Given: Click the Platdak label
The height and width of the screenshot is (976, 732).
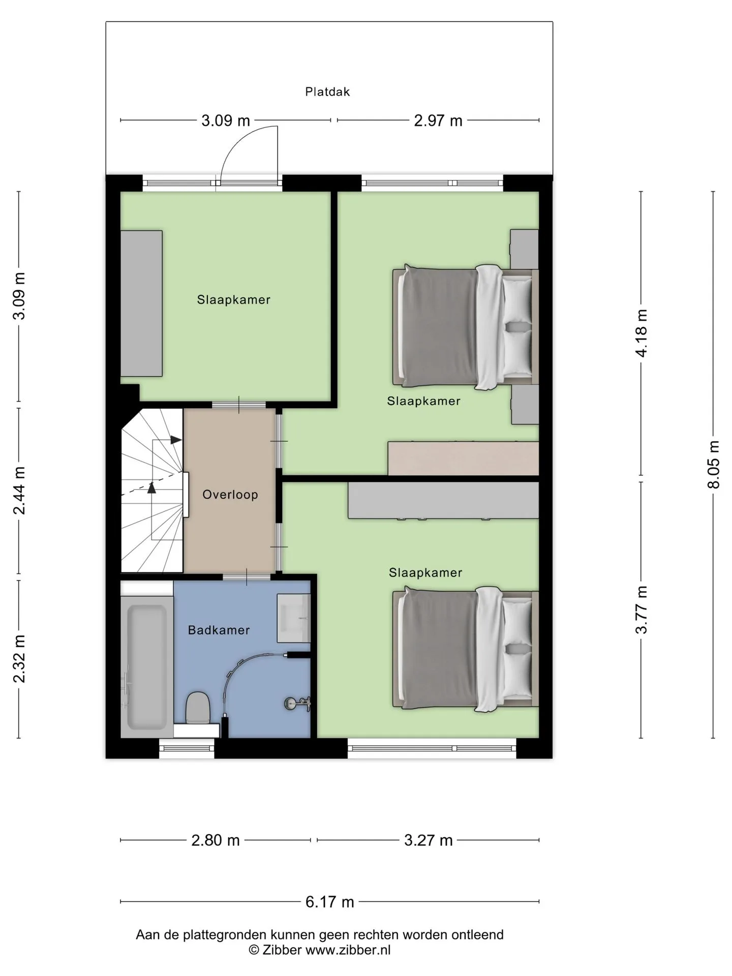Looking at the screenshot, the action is click(327, 92).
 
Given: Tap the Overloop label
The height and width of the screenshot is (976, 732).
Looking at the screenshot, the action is click(230, 495).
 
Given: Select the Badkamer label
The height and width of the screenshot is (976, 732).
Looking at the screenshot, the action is click(219, 630).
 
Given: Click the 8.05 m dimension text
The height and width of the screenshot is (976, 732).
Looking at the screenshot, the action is click(714, 465).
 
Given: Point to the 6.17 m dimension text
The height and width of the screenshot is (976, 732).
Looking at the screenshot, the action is click(329, 902).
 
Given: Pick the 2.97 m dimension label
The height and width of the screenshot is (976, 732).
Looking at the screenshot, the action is click(438, 120).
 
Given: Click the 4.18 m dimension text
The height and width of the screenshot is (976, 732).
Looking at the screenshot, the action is click(642, 333).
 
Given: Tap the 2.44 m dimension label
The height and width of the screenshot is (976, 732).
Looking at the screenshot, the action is click(19, 490).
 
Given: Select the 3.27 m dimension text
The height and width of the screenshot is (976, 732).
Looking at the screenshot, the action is click(428, 840).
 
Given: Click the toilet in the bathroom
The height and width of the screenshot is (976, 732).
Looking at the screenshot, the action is click(198, 708).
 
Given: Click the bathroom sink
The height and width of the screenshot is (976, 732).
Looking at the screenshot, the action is click(293, 618).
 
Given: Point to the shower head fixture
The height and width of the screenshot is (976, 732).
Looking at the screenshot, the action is click(297, 704).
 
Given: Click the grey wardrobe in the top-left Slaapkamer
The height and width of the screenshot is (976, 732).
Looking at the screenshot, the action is click(141, 303).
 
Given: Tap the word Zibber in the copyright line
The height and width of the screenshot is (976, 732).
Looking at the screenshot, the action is click(282, 950).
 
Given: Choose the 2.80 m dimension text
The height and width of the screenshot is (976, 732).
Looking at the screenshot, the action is click(216, 840).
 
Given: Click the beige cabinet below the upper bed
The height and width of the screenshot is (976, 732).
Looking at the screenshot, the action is click(463, 458).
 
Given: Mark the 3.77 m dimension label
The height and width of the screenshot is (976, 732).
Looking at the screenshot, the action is click(642, 609).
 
